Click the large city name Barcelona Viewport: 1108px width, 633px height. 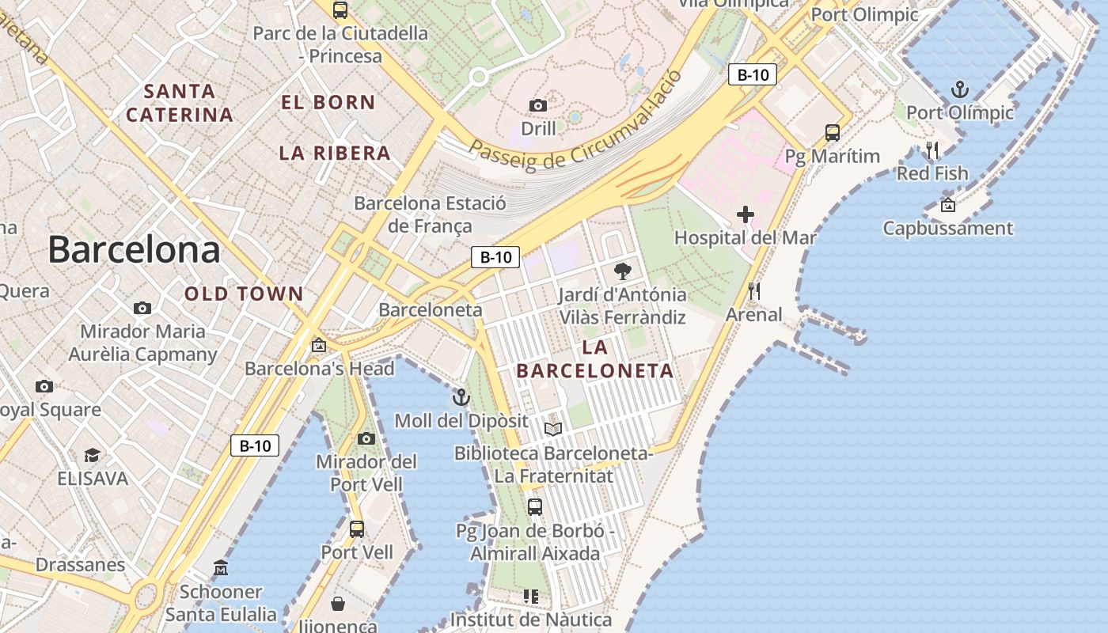(x=134, y=249)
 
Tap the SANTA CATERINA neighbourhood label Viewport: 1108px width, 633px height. (x=180, y=103)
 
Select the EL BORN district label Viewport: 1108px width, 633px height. (x=328, y=102)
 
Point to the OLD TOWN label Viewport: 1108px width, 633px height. (x=244, y=294)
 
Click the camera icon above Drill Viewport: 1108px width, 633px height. (x=538, y=105)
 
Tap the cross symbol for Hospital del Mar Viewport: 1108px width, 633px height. (x=745, y=214)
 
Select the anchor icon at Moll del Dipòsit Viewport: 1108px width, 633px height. (x=461, y=397)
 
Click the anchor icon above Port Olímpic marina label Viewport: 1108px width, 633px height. (x=959, y=89)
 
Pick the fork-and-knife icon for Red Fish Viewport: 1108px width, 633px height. (x=932, y=150)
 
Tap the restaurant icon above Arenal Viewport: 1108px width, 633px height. (x=753, y=291)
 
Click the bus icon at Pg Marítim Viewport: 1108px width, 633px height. (x=832, y=132)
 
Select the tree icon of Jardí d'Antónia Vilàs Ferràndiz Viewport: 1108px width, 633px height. (x=623, y=271)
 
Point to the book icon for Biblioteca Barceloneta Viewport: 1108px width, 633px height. (x=553, y=430)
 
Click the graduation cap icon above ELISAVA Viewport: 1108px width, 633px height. (x=93, y=455)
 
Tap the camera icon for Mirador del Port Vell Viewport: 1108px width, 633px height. (x=366, y=438)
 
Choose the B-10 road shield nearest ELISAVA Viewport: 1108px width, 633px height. (x=255, y=445)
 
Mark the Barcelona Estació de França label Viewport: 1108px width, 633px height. (x=430, y=214)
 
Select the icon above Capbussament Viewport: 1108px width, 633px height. (x=947, y=206)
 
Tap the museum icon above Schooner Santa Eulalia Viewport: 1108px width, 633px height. (x=221, y=568)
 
